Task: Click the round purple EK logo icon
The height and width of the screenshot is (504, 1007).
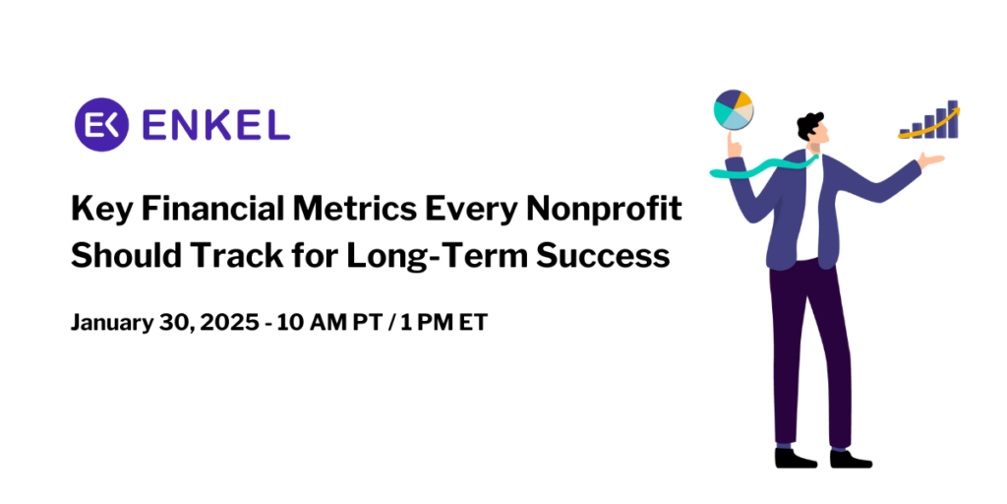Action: tap(102, 123)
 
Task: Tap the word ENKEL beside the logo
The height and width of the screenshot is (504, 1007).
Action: tap(216, 124)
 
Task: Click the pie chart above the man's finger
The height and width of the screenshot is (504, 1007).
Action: tap(734, 109)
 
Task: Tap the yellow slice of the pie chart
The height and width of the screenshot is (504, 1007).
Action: tap(742, 99)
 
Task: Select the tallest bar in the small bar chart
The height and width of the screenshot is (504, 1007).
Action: tap(952, 119)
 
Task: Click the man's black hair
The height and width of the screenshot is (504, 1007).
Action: tap(809, 124)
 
